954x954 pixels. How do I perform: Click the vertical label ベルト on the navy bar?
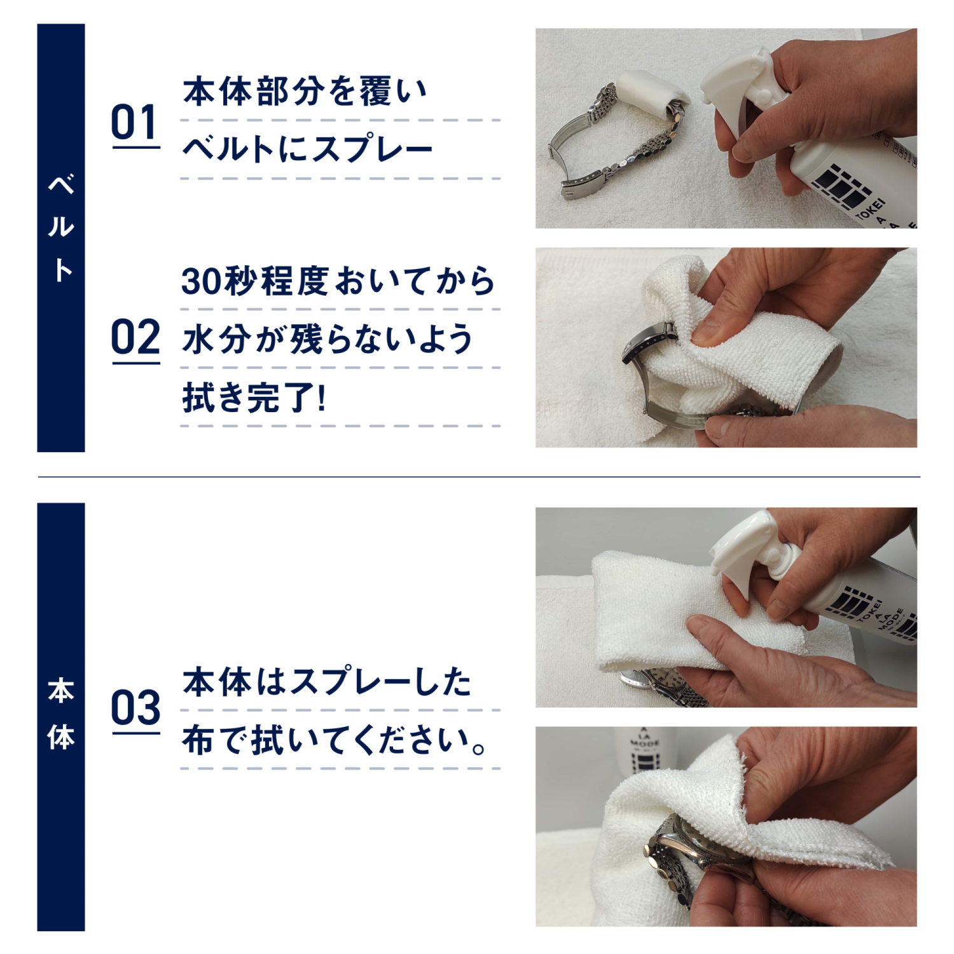(x=61, y=227)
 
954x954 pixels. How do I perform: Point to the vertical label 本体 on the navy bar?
(x=61, y=714)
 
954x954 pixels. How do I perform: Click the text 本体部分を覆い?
(x=305, y=92)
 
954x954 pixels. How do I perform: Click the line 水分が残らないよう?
(x=327, y=339)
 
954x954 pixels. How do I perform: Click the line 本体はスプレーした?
(x=327, y=682)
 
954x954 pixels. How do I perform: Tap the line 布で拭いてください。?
(x=335, y=741)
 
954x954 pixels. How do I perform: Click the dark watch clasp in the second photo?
(x=646, y=343)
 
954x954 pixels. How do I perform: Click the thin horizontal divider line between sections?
(x=479, y=476)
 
